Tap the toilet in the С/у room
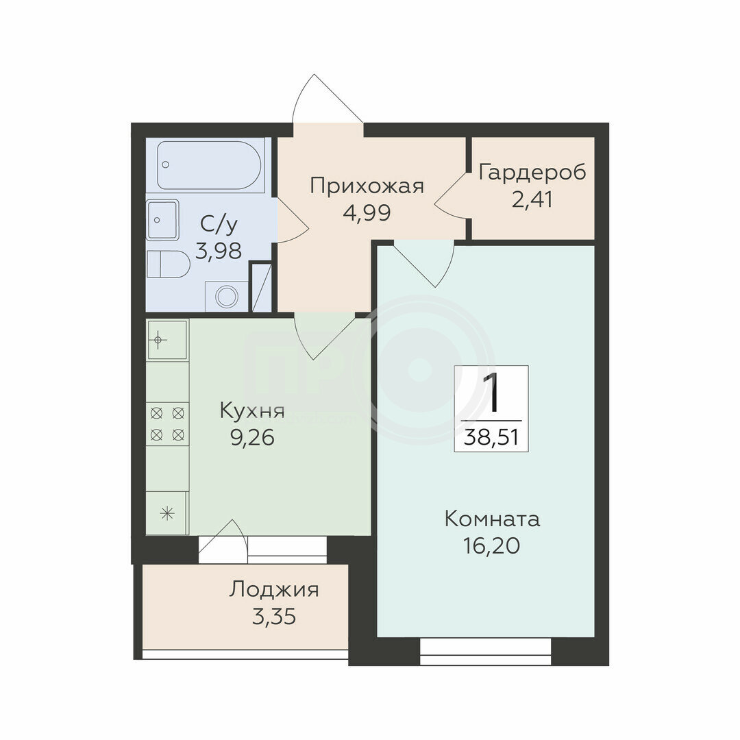point(168,264)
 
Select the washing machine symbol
point(227,297)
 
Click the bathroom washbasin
point(163,220)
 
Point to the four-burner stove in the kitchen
point(168,423)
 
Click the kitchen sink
point(168,339)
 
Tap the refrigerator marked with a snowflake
point(168,513)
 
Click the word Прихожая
point(367,186)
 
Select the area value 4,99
point(367,212)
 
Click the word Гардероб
point(532,172)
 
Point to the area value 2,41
point(532,199)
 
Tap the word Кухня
point(252,411)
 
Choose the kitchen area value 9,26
point(252,439)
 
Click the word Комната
point(492,519)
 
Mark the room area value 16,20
point(492,546)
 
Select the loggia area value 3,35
point(273,617)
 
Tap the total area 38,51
point(491,437)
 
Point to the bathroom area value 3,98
point(219,251)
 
